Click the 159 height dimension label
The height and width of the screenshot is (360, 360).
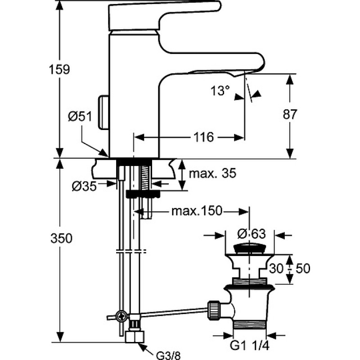59,69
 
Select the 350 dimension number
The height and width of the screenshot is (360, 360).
61,238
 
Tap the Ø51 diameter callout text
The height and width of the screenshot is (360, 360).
80,116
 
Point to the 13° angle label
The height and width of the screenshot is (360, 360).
220,90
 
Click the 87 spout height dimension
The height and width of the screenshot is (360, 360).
290,114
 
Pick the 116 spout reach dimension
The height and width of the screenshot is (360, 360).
204,137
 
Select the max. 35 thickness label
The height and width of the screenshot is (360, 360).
212,173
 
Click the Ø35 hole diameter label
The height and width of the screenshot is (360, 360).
84,186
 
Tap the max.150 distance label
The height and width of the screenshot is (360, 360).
197,211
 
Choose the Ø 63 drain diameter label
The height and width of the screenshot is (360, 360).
252,234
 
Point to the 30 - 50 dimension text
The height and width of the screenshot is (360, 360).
289,268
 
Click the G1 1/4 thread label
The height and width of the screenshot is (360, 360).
249,346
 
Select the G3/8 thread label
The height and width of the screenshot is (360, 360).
168,355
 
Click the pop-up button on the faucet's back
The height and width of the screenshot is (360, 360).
103,112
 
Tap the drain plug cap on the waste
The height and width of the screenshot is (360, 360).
250,249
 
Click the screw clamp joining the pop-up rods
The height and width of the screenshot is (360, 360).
121,317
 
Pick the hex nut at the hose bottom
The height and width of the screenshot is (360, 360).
135,337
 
